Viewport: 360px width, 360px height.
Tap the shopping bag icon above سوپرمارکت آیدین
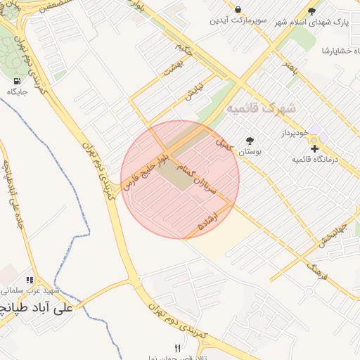[x=239, y=10]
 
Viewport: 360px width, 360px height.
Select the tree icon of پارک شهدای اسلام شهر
[x=312, y=11]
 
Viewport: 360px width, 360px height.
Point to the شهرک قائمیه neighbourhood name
[x=262, y=109]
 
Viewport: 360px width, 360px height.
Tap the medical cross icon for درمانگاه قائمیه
[x=314, y=148]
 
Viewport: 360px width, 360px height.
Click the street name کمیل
[x=224, y=146]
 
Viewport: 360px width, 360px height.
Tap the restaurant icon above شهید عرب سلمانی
[x=30, y=280]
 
